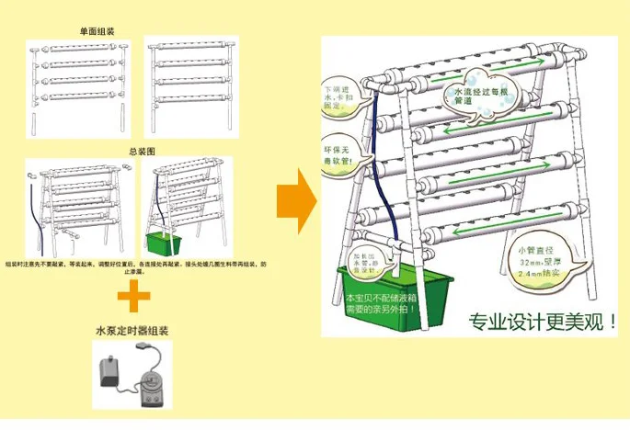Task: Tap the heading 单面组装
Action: click(x=97, y=29)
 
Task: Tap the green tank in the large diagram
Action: click(x=395, y=294)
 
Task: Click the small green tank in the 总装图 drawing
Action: click(x=165, y=243)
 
